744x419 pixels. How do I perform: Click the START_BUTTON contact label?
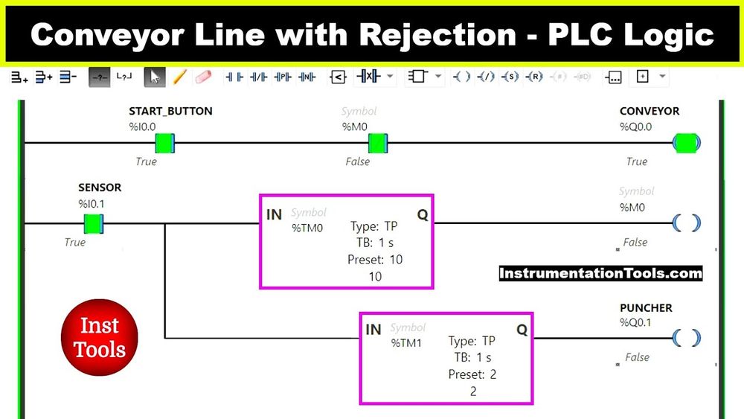tap(170, 111)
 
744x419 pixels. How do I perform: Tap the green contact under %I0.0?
tap(164, 142)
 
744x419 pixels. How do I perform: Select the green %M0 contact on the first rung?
tap(378, 142)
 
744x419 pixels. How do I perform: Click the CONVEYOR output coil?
tap(687, 142)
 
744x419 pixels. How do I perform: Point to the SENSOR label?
tap(100, 188)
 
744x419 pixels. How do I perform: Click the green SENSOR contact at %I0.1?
tap(93, 223)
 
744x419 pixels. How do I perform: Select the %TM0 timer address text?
tap(307, 227)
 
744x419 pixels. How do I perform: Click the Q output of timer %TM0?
tap(422, 214)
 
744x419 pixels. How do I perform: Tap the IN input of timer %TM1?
tap(373, 329)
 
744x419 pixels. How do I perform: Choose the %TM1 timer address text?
tap(407, 342)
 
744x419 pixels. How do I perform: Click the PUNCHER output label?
tap(646, 307)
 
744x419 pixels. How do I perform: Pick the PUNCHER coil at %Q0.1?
tap(686, 338)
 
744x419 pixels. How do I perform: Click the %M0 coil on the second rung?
tap(686, 223)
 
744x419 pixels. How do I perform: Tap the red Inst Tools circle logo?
tap(99, 338)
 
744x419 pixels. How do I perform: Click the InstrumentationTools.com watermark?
tap(600, 273)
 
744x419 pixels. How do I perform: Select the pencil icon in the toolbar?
tap(179, 77)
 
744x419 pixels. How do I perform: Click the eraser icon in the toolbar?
tap(202, 77)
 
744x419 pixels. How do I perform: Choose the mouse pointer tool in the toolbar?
tap(154, 77)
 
